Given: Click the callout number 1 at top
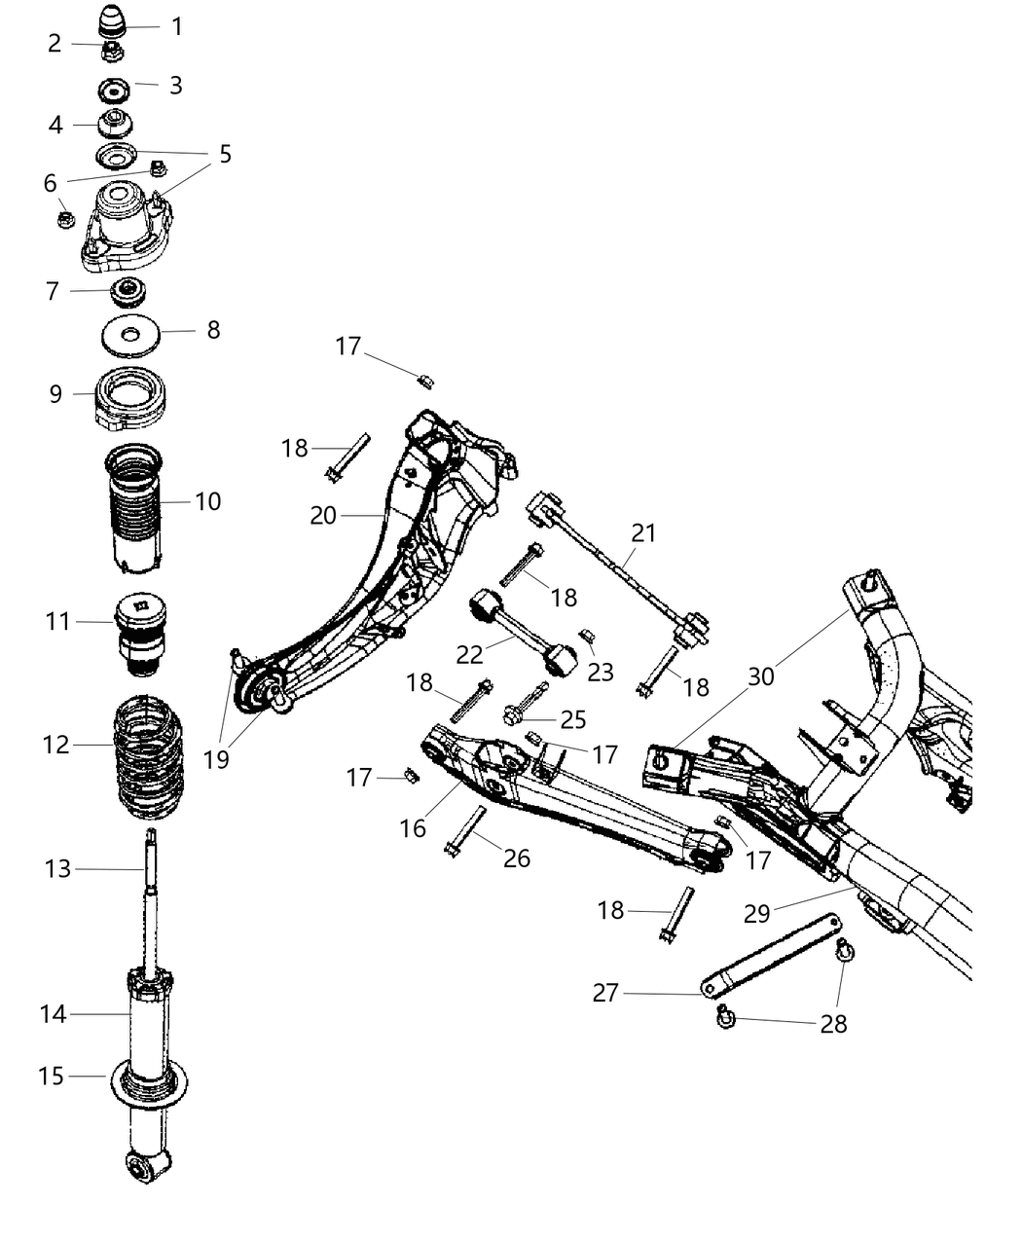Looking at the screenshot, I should click(176, 26).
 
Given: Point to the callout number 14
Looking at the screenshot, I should click(53, 1014).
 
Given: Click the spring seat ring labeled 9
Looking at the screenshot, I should click(131, 400).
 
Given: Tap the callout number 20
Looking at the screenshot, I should click(323, 515).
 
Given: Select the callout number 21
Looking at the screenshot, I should click(643, 533).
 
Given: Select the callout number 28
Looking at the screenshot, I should click(833, 1024).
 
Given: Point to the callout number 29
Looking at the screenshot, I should click(756, 913).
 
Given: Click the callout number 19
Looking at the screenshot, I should click(216, 759).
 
